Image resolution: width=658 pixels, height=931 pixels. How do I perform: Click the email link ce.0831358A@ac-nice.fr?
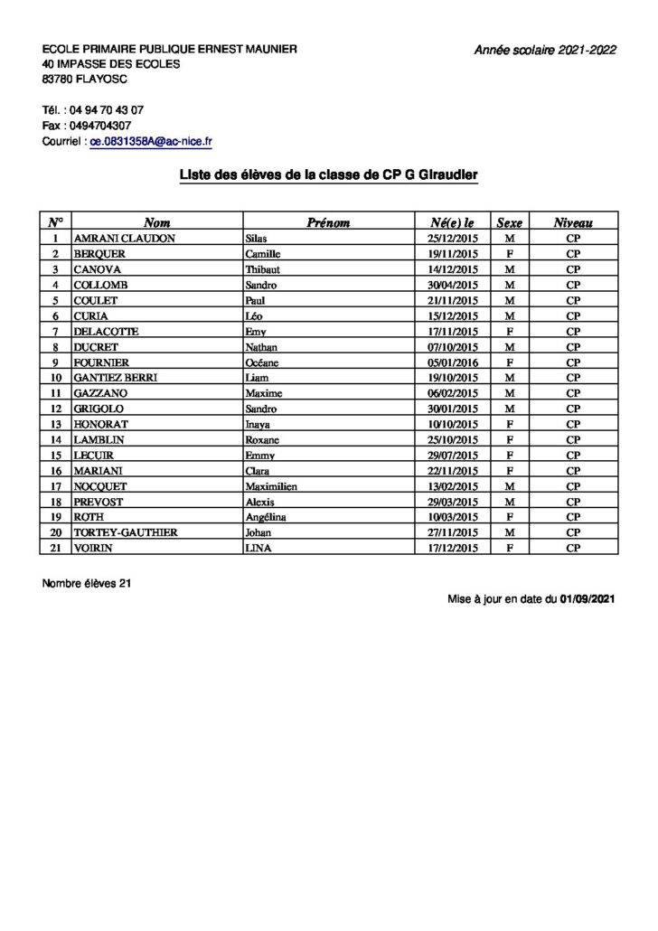click(x=150, y=142)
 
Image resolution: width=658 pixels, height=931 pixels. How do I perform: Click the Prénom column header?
click(x=328, y=222)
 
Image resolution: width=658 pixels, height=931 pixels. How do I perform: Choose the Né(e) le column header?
click(x=453, y=222)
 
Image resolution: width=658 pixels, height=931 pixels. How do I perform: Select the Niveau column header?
click(x=573, y=222)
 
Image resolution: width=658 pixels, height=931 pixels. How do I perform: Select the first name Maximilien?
click(x=272, y=486)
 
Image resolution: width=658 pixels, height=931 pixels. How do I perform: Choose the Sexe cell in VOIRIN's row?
click(x=509, y=548)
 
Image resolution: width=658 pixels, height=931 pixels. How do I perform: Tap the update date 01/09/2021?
click(x=587, y=598)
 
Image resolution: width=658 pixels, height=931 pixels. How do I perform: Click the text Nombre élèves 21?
click(x=87, y=584)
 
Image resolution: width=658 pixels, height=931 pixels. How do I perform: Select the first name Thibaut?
click(x=264, y=269)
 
